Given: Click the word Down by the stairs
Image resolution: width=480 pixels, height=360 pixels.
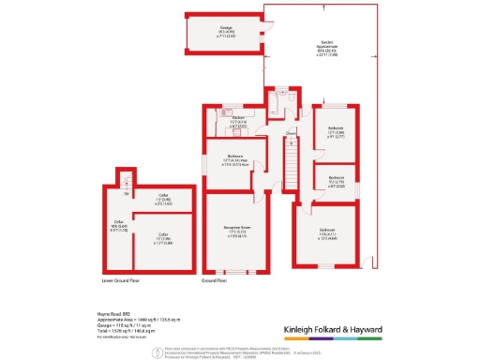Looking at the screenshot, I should click(x=292, y=133).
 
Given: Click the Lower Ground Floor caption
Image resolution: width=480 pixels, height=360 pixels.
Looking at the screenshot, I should click(x=121, y=279).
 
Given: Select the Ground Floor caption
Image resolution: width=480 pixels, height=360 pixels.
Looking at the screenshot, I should click(x=216, y=279).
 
